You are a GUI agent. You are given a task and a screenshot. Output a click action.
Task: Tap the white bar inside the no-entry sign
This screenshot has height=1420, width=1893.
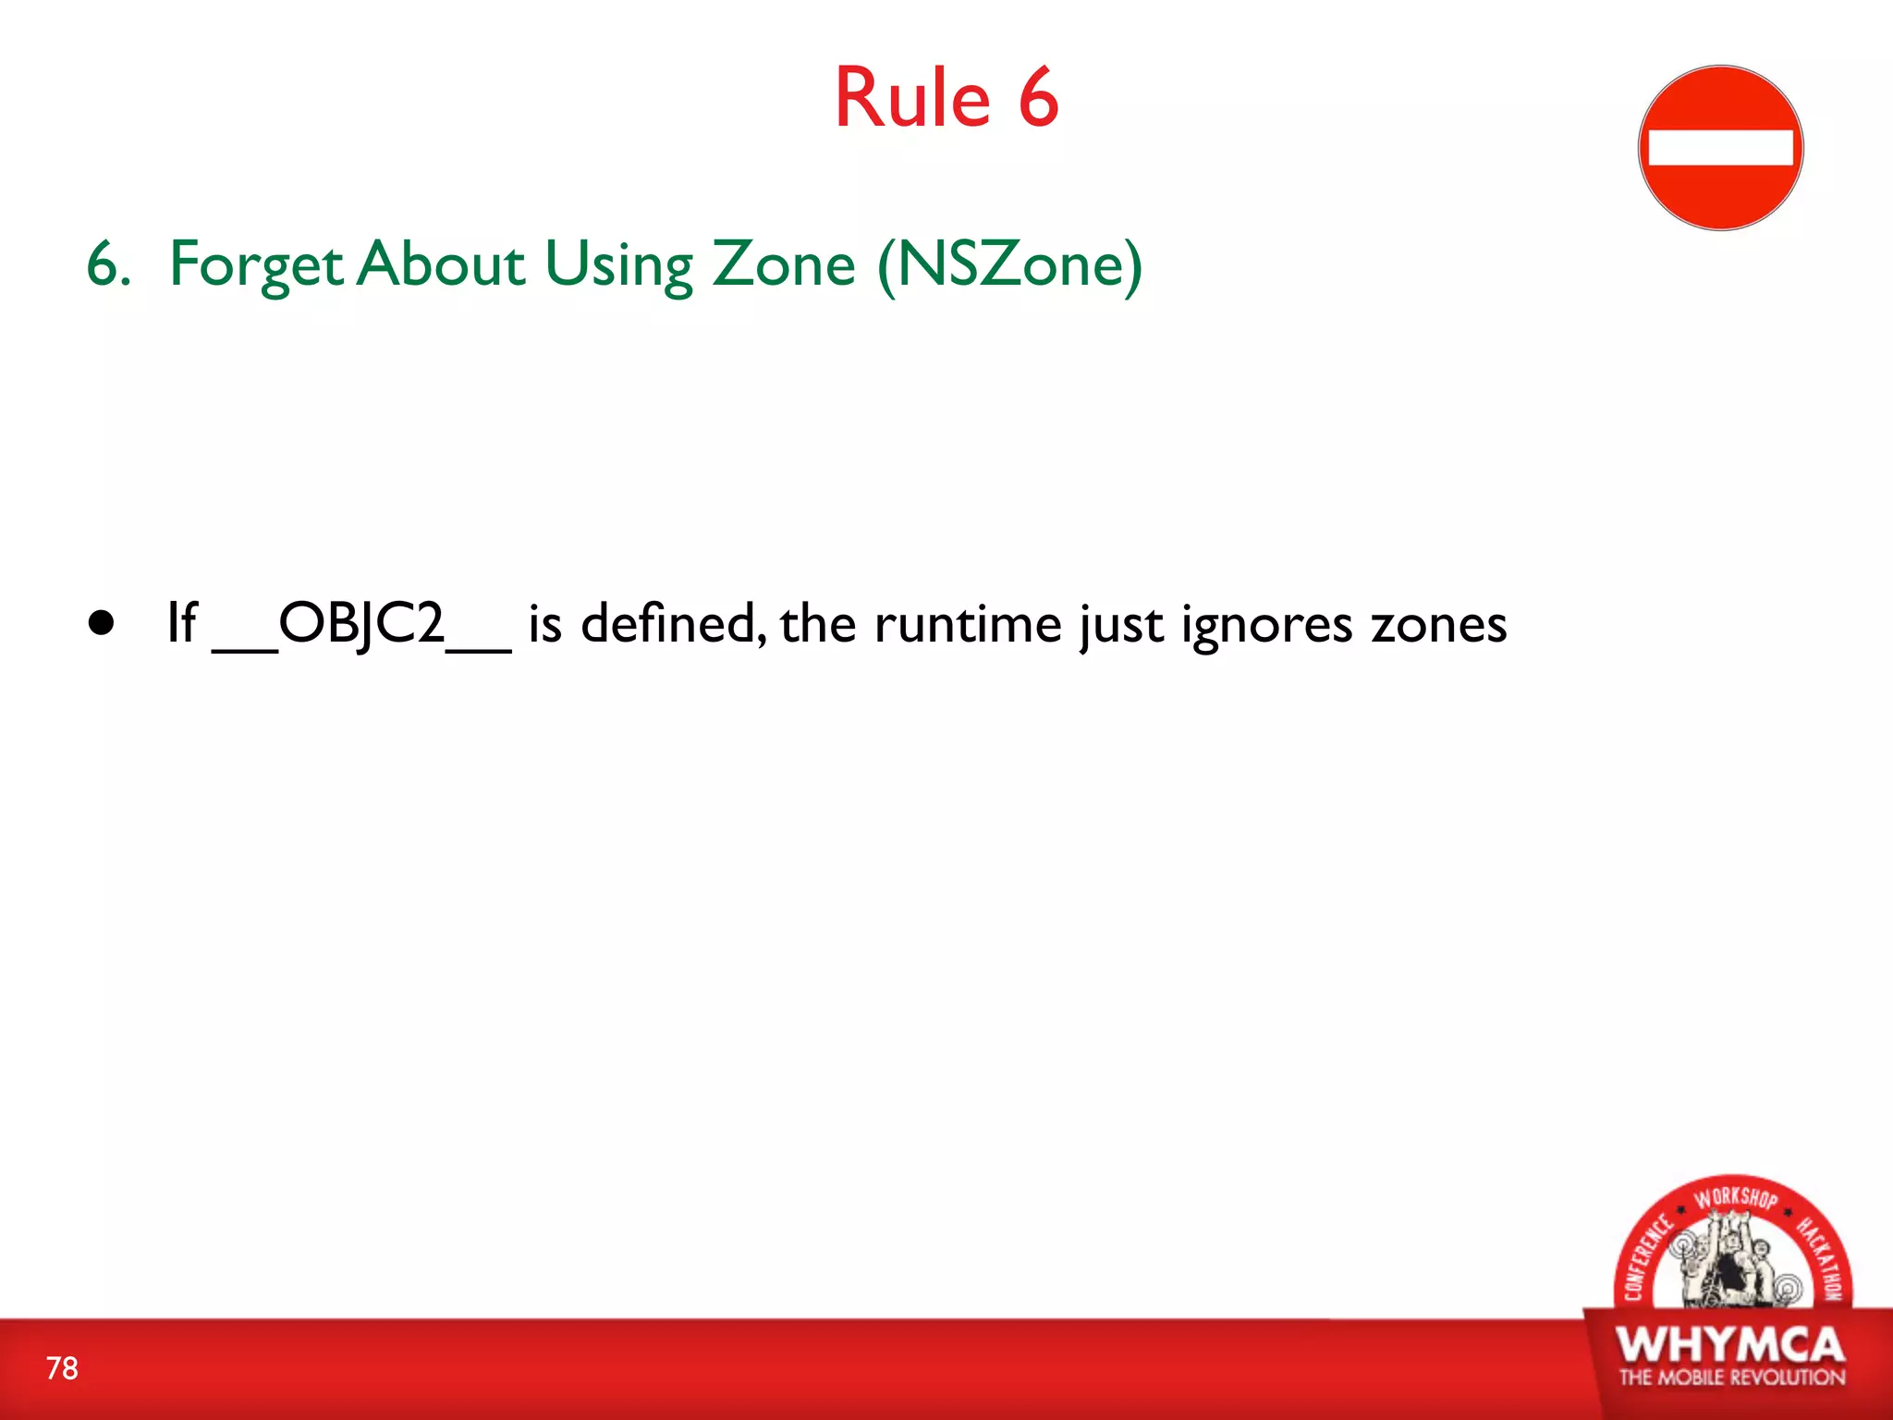coord(1720,148)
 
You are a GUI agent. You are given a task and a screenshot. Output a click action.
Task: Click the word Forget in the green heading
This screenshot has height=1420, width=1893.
coord(257,266)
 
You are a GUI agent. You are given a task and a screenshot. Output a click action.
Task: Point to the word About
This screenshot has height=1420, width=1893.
coord(442,264)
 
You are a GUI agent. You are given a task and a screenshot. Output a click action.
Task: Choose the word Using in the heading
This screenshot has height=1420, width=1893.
coord(618,266)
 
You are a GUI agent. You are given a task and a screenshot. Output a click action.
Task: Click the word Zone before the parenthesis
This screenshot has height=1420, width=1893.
coord(784,264)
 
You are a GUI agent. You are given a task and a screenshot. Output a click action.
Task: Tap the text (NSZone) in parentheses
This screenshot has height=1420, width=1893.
coord(1009,266)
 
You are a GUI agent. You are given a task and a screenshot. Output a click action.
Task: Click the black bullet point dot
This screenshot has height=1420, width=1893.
coord(103,623)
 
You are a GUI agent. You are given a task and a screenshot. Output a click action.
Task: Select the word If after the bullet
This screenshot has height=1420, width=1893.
coord(181,623)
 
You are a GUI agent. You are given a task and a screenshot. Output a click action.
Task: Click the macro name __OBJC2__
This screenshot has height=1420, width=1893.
coord(361,625)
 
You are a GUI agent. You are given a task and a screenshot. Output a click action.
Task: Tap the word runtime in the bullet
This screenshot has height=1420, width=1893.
coord(967,625)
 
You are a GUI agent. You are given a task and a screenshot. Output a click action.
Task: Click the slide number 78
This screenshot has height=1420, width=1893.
coord(62,1368)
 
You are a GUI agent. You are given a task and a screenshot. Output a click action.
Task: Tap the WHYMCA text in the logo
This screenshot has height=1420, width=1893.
coord(1730,1345)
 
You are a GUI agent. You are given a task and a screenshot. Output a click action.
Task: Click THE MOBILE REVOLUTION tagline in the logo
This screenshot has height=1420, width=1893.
coord(1731,1377)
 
